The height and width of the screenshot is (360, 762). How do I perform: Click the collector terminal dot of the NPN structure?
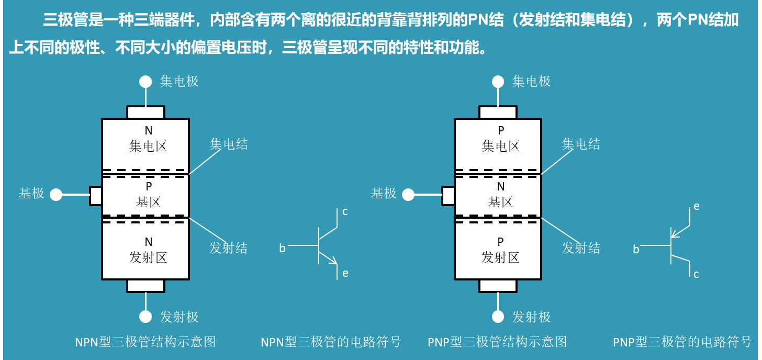[x=145, y=82]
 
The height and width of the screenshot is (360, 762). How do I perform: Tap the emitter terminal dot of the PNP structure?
[x=498, y=317]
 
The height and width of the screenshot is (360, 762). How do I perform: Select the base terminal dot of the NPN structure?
[x=56, y=195]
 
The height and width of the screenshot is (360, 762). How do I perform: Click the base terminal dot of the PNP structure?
[x=408, y=195]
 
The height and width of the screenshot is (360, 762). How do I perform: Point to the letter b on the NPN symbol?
[x=282, y=249]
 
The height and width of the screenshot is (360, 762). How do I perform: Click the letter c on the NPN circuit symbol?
[x=345, y=212]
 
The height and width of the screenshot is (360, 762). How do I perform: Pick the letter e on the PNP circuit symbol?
[x=697, y=206]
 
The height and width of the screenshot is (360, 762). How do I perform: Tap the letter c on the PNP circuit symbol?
[x=696, y=274]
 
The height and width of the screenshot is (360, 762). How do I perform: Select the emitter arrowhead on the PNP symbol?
[x=676, y=233]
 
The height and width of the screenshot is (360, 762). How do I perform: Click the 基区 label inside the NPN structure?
[x=148, y=202]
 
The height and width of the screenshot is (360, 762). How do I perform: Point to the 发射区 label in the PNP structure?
[x=500, y=257]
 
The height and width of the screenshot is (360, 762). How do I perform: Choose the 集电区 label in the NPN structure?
[x=148, y=146]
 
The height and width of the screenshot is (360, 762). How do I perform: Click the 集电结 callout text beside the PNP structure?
[x=581, y=144]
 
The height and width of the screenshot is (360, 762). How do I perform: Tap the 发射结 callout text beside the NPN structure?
[x=228, y=248]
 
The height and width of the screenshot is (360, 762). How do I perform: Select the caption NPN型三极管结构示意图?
[x=145, y=342]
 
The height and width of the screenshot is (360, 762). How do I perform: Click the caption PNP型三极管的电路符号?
[x=682, y=342]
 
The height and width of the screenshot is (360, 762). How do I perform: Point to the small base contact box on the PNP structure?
[x=448, y=196]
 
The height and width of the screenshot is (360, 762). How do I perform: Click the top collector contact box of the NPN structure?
[x=145, y=112]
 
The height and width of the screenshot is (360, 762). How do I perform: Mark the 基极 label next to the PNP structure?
[x=384, y=193]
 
